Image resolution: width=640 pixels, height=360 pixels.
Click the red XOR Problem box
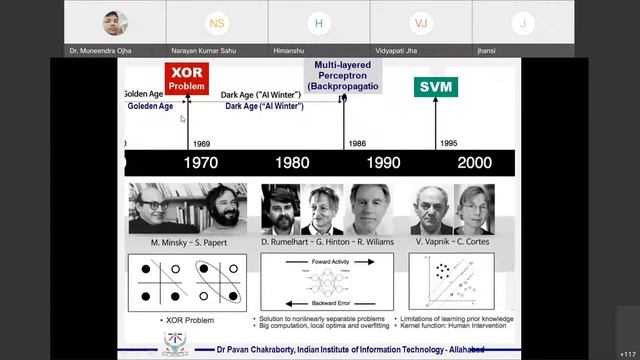pos(186,79)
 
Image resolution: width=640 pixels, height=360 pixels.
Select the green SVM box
pos(437,87)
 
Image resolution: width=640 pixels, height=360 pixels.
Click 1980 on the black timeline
pos(291,162)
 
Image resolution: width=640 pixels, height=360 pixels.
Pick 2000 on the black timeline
pos(474,162)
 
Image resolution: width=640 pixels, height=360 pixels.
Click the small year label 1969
pos(201,143)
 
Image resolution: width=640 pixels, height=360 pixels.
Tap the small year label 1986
pos(357,143)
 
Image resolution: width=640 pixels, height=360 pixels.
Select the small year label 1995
pos(447,143)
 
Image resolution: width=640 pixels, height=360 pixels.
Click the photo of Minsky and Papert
pos(187,209)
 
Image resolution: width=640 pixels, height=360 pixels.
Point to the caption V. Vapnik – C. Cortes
pos(452,243)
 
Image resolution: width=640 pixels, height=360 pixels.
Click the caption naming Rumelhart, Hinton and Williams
pos(314,243)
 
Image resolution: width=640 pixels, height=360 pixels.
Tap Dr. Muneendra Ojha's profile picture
pos(113,22)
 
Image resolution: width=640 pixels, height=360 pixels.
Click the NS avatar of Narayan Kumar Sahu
pos(216,22)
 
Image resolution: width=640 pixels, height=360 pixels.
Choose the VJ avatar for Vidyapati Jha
pos(420,22)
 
